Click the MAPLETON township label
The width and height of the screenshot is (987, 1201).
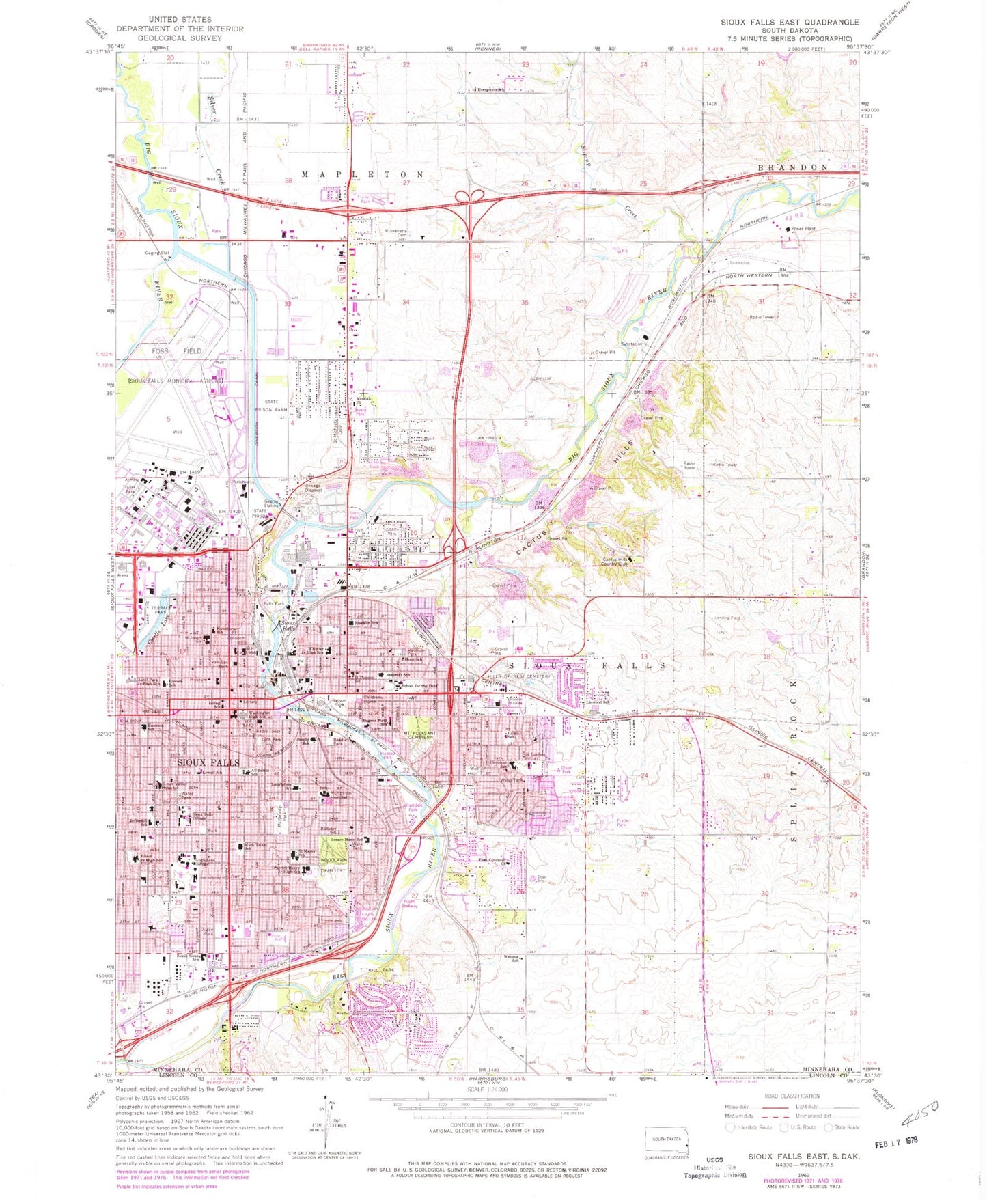(365, 175)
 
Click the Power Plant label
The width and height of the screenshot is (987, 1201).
(803, 229)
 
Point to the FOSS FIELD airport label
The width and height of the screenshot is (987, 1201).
(167, 350)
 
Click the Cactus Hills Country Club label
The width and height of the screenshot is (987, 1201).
(613, 562)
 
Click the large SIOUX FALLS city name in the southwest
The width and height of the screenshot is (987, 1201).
(208, 762)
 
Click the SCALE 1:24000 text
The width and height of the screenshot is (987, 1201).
(486, 1089)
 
